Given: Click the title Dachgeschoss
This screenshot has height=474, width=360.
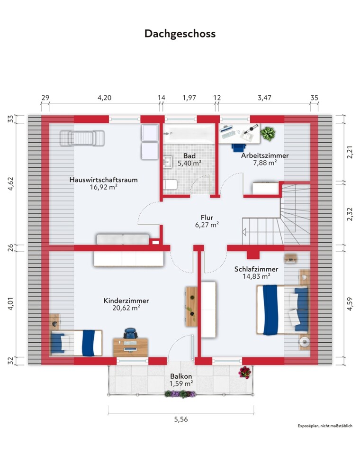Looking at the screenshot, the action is [x=180, y=34].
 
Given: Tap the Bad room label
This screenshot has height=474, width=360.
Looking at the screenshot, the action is [x=189, y=156].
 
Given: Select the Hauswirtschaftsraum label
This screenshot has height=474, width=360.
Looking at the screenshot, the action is [x=104, y=180].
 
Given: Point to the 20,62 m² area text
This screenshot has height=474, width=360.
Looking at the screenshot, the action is [x=126, y=308].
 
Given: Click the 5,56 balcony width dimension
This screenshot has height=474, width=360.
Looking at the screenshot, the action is [x=181, y=419].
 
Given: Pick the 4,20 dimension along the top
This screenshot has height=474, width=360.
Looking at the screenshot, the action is [x=105, y=98].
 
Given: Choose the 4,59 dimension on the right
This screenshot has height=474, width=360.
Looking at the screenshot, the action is [x=350, y=304].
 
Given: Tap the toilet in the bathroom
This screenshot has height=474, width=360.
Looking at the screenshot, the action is [x=170, y=184].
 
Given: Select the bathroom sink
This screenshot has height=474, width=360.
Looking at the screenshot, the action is [x=167, y=162].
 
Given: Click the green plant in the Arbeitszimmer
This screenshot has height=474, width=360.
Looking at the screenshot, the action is [x=268, y=133].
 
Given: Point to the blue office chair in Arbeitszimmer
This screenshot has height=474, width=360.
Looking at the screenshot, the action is [x=239, y=146].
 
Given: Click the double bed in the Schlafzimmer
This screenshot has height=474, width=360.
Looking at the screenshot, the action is [x=282, y=310].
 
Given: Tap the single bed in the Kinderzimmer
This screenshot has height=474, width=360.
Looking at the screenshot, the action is [x=76, y=343].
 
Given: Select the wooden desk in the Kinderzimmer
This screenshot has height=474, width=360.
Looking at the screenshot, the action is [x=130, y=347].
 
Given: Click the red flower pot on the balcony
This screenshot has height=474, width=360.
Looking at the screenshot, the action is [x=244, y=373].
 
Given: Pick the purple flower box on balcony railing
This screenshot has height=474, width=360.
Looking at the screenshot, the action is [x=180, y=393].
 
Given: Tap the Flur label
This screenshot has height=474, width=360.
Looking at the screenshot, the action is [x=207, y=218].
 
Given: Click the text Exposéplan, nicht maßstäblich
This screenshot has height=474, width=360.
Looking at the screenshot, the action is [x=325, y=426].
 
